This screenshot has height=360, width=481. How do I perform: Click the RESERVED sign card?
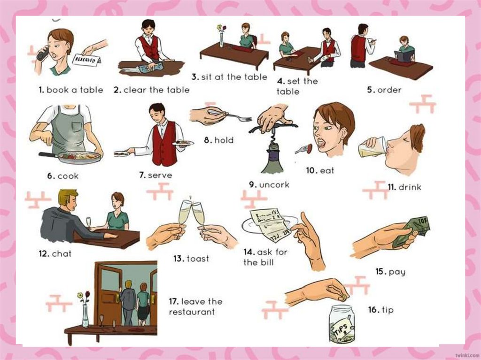coord(86,60)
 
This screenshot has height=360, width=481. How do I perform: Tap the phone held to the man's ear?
coord(43,54)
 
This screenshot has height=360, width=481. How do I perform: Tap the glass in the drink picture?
coord(372,147)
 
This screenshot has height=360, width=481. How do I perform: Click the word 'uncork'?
coord(274,184)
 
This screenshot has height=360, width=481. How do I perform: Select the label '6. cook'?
coord(63,176)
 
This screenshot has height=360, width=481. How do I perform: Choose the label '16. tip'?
coord(380,310)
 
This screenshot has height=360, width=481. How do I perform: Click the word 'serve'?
coord(160,175)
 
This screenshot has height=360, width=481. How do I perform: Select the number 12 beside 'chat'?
coord(44,253)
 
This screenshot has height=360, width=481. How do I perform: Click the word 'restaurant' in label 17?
coord(192,312)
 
